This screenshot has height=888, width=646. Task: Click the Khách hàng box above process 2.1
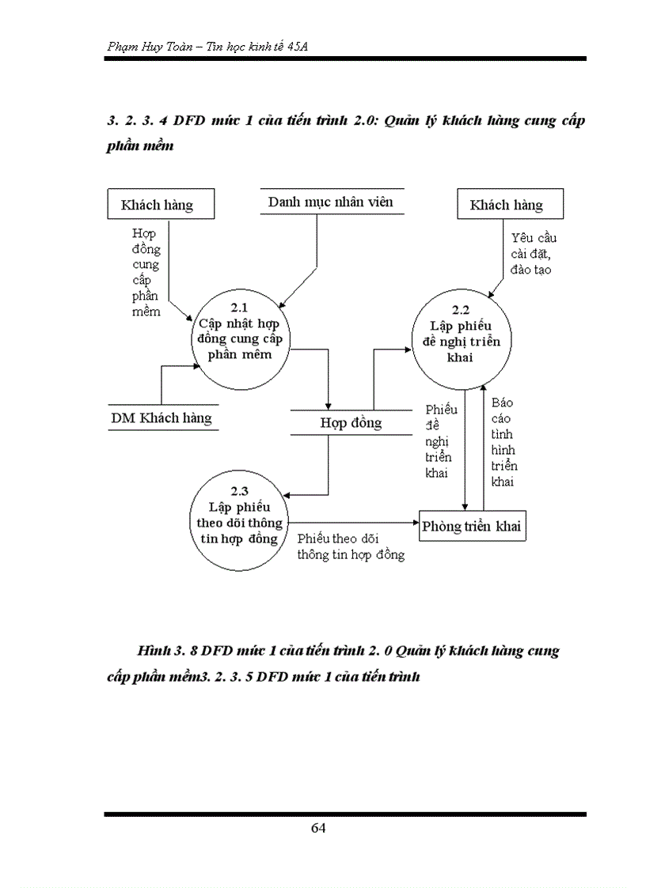[x=157, y=205]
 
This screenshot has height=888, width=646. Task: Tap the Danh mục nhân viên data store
[x=330, y=202]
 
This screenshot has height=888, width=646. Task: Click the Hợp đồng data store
[x=351, y=423]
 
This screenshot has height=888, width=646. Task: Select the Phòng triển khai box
[x=472, y=526]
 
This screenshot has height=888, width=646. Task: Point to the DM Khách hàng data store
[x=161, y=418]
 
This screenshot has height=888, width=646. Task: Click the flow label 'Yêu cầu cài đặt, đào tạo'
[x=532, y=253]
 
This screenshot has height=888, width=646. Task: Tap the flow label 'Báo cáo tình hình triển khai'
[x=502, y=441]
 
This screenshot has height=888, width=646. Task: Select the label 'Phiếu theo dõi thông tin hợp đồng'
[x=351, y=546]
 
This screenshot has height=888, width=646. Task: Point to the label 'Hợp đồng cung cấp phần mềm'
[x=146, y=272]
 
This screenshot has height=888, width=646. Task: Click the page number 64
[x=318, y=828]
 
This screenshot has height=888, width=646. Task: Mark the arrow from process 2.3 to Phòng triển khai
[x=352, y=522]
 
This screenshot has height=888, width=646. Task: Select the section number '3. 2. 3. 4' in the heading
[x=139, y=122]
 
